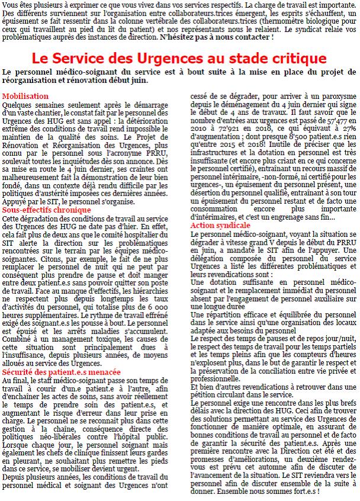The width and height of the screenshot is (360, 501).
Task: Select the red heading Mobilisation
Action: [25, 96]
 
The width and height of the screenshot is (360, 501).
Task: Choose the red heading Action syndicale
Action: [220, 226]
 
